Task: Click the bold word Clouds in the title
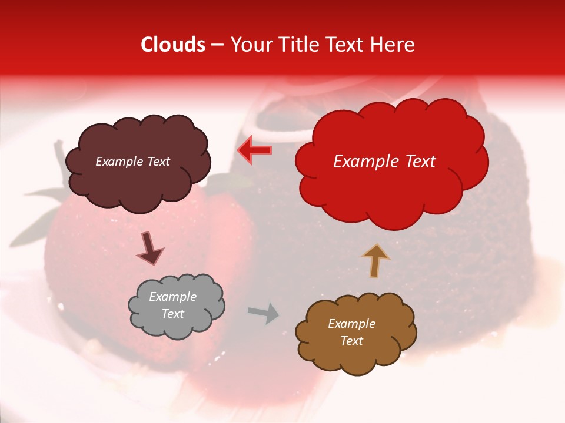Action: [x=174, y=45]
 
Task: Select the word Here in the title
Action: [x=393, y=45]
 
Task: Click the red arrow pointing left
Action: [x=254, y=150]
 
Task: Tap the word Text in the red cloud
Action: [x=418, y=162]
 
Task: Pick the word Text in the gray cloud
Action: [x=173, y=314]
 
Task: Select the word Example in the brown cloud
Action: [x=351, y=324]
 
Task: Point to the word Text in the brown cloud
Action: [x=351, y=341]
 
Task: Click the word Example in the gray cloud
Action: [x=173, y=297]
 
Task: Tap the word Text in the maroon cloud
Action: [x=158, y=162]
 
